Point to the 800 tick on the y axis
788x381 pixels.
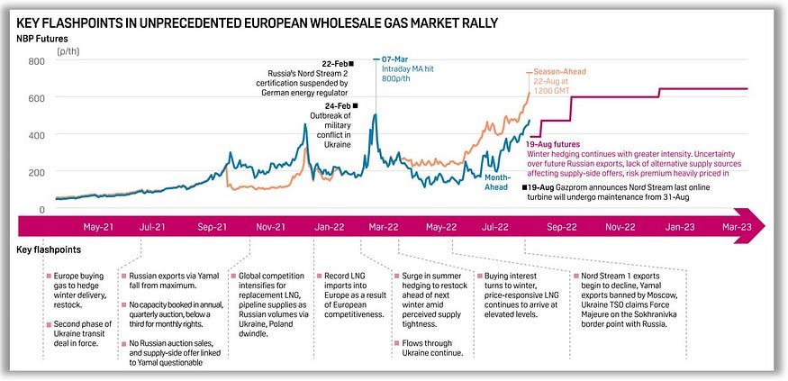(x=35, y=62)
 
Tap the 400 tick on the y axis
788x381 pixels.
(x=35, y=136)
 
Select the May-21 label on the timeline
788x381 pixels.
(x=97, y=228)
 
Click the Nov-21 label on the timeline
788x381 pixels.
(x=269, y=228)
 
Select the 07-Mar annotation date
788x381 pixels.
(x=397, y=57)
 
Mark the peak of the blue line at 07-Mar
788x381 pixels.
(x=375, y=88)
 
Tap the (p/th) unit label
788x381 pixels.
(x=69, y=52)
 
